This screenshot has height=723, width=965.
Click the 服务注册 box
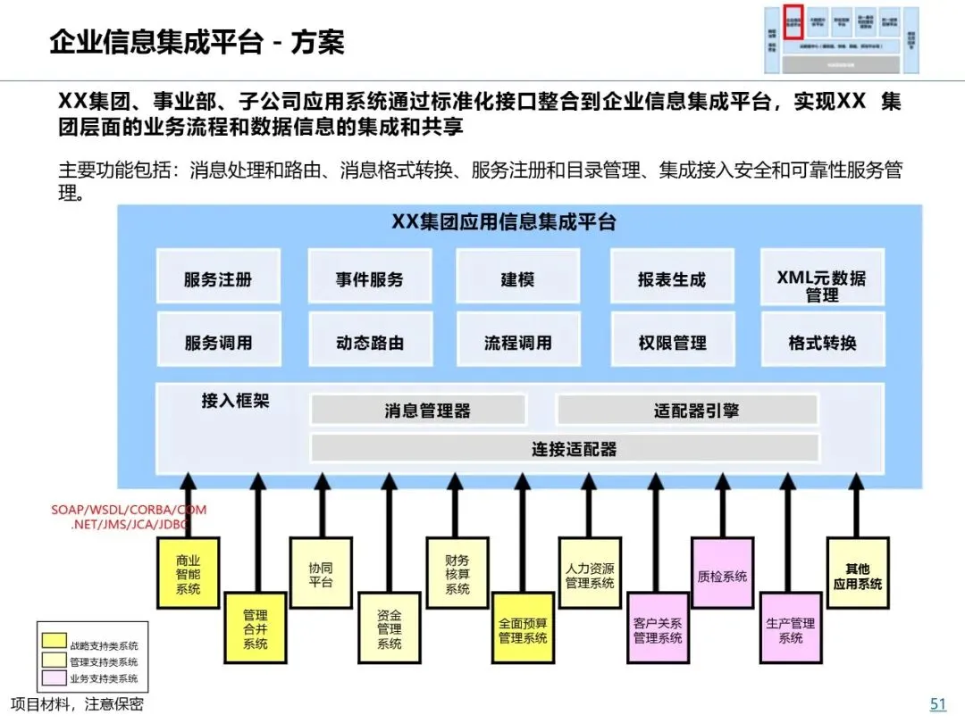[218, 278]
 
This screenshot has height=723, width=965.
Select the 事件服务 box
[369, 278]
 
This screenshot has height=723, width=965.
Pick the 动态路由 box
[369, 342]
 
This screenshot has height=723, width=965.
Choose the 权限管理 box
[672, 342]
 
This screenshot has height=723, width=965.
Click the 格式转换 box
[821, 342]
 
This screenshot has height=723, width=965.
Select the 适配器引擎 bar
[686, 411]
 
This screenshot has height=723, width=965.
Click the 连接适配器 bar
[564, 448]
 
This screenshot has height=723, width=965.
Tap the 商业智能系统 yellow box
[188, 574]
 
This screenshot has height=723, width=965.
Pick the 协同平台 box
[321, 574]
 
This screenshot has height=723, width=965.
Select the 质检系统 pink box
[722, 575]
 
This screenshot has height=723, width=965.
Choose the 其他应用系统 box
[857, 574]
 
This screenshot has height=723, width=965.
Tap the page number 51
[937, 704]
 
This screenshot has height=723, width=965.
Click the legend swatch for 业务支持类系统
[54, 678]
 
